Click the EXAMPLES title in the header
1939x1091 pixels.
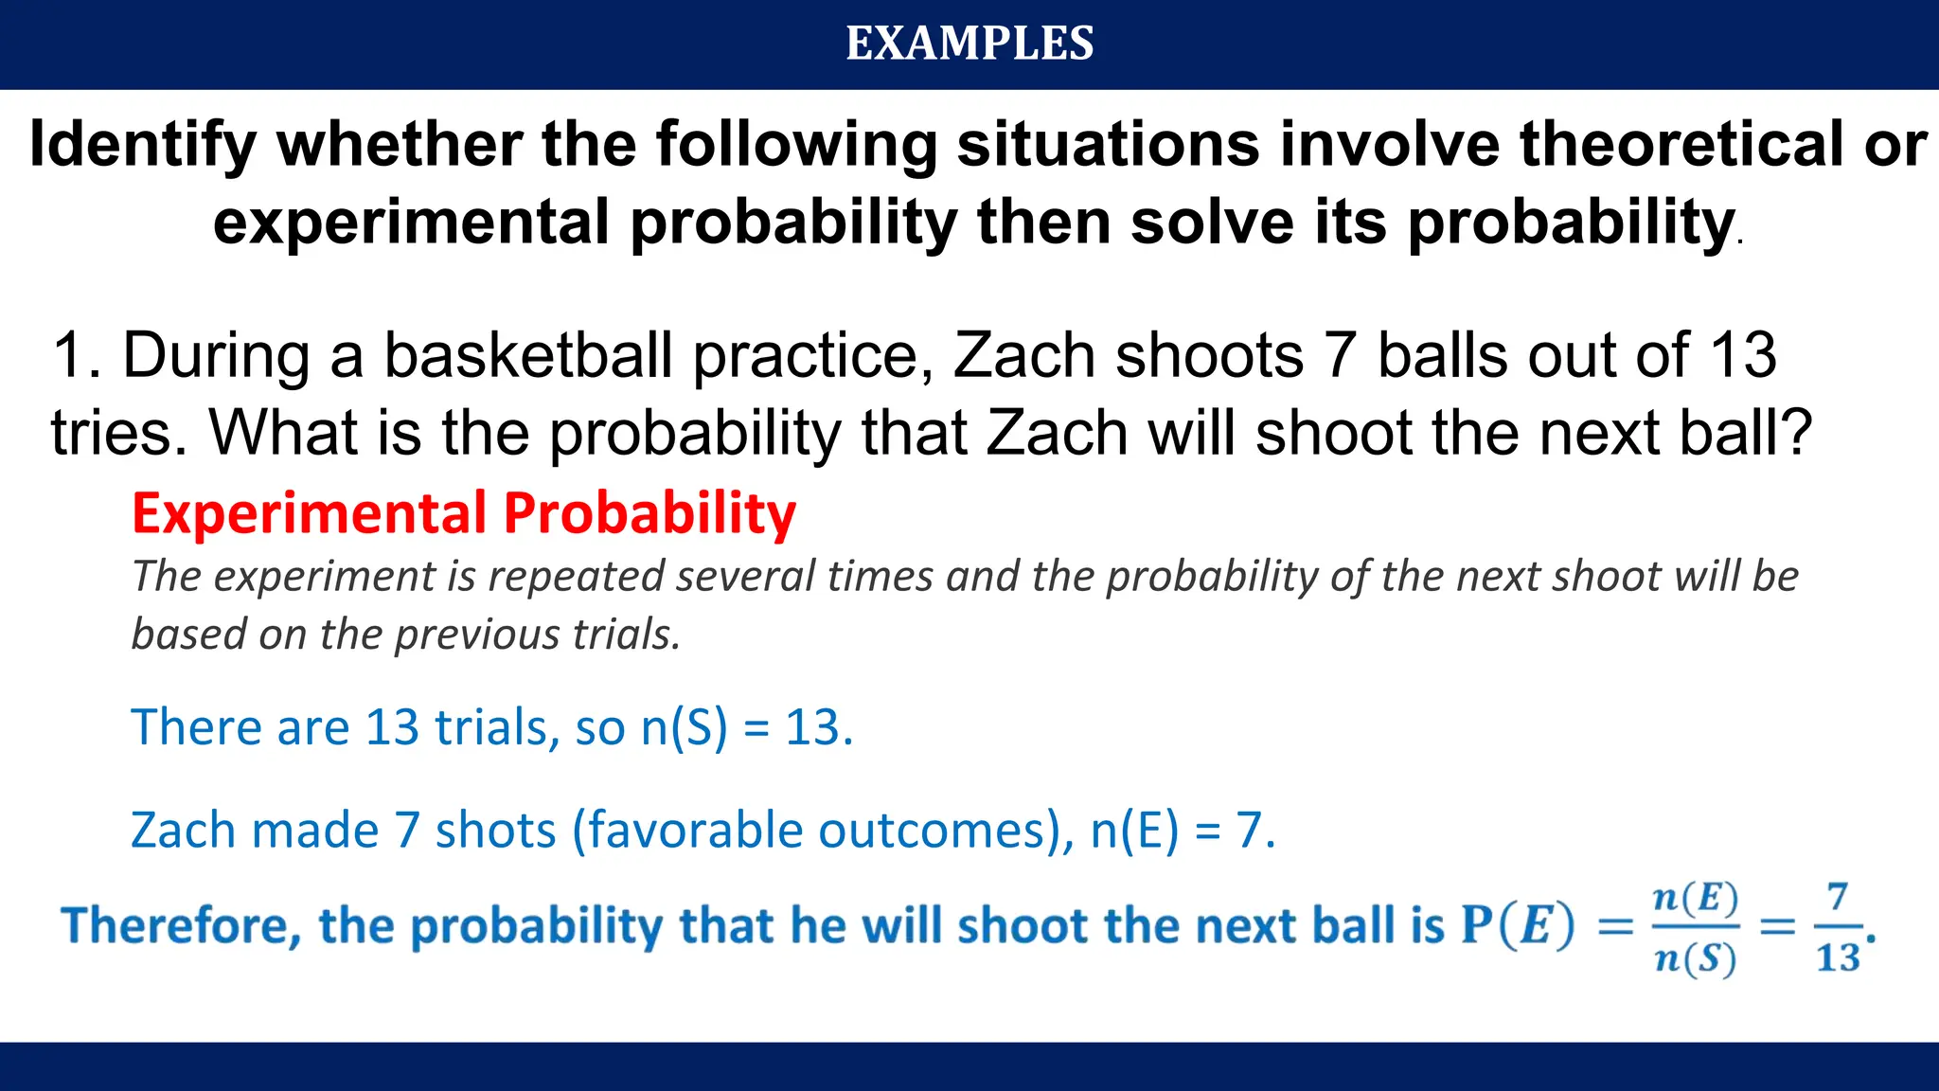click(969, 44)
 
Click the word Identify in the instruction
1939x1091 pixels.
click(142, 145)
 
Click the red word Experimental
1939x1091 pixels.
click(309, 514)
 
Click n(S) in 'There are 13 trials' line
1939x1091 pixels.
click(684, 728)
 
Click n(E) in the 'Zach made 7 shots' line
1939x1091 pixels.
click(1134, 831)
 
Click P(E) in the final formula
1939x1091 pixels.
click(1518, 926)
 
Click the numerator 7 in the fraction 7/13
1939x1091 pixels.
click(1837, 896)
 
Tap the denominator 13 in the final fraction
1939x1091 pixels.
click(1838, 958)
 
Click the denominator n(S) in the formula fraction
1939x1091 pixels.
click(1695, 959)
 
